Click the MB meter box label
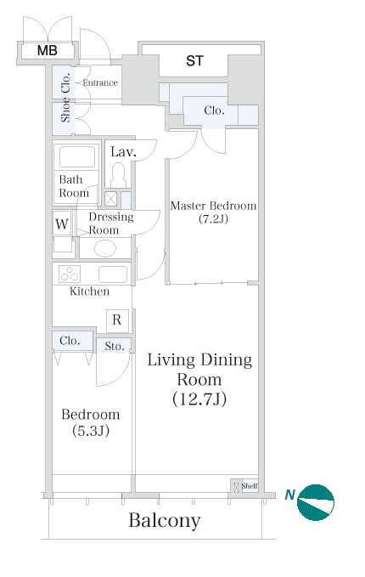pyautogui.click(x=48, y=50)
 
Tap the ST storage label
pyautogui.click(x=194, y=60)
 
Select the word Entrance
pyautogui.click(x=100, y=82)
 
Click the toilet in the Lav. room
pyautogui.click(x=118, y=175)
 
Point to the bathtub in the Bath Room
pyautogui.click(x=77, y=156)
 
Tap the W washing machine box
pyautogui.click(x=62, y=223)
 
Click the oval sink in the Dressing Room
pyautogui.click(x=105, y=248)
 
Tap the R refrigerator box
pyautogui.click(x=117, y=320)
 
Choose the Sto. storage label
pyautogui.click(x=115, y=346)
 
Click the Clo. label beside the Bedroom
pyautogui.click(x=70, y=341)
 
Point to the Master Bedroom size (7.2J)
pyautogui.click(x=213, y=219)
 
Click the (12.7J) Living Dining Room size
pyautogui.click(x=199, y=399)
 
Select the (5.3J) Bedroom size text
pyautogui.click(x=91, y=431)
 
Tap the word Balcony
pyautogui.click(x=165, y=521)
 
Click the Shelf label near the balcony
pyautogui.click(x=250, y=486)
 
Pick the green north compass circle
pyautogui.click(x=316, y=503)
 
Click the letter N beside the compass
pyautogui.click(x=290, y=495)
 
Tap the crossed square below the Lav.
pyautogui.click(x=110, y=199)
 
